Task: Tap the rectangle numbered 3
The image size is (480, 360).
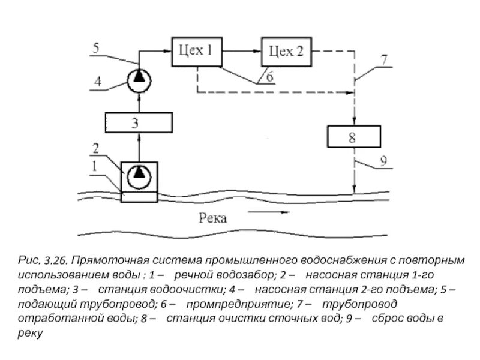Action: click(139, 123)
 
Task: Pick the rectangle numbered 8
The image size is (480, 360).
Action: click(353, 137)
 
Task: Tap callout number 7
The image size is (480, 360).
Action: click(384, 60)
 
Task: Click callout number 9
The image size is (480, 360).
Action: click(385, 161)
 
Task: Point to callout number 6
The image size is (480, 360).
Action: click(269, 77)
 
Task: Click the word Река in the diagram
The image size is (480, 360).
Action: click(212, 218)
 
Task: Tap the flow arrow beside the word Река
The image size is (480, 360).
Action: click(268, 212)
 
